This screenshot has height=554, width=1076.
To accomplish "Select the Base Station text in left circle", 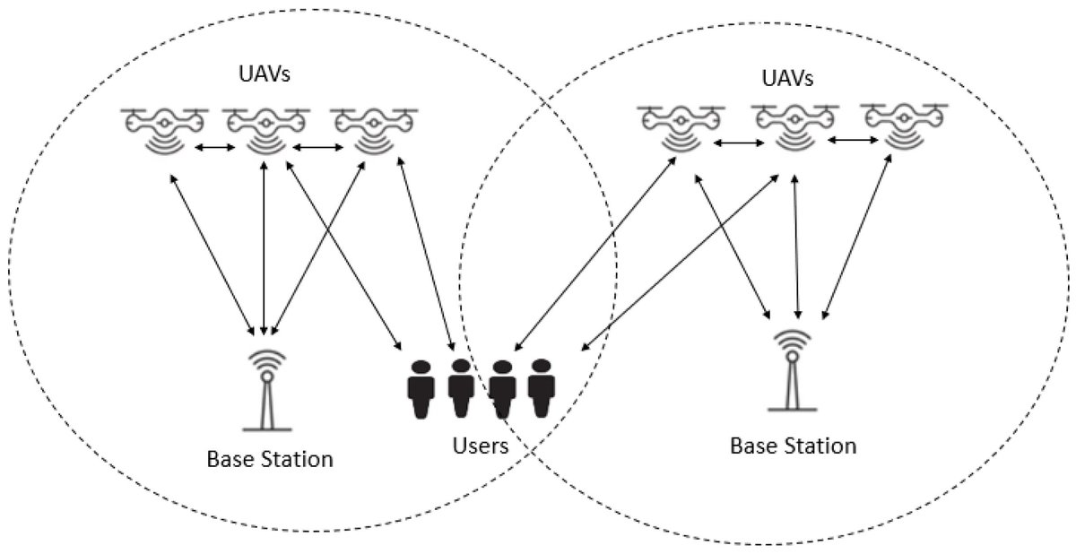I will coord(270,460).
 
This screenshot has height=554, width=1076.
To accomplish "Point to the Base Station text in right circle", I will coord(793,445).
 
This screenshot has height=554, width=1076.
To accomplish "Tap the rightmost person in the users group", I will coord(541,388).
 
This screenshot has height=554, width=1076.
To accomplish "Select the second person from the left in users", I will coord(460,388).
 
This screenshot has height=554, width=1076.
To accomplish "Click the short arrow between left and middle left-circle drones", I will coord(214,148).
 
